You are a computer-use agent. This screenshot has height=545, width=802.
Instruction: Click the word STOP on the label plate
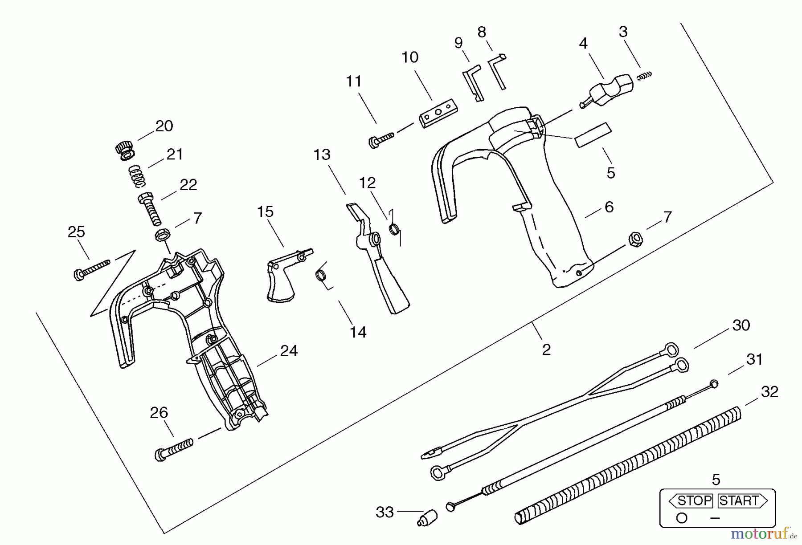pyautogui.click(x=694, y=501)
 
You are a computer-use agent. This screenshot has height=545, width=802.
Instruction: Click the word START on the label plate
pyautogui.click(x=739, y=501)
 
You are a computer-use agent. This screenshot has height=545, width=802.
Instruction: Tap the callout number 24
pyautogui.click(x=289, y=351)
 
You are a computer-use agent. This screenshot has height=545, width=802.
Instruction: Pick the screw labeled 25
pyautogui.click(x=91, y=269)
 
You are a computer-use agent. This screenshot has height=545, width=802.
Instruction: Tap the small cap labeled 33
pyautogui.click(x=427, y=518)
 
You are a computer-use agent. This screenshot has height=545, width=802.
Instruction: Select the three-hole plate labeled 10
pyautogui.click(x=439, y=113)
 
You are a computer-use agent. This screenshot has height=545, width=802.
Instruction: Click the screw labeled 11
pyautogui.click(x=381, y=138)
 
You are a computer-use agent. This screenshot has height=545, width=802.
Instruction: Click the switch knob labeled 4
pyautogui.click(x=609, y=91)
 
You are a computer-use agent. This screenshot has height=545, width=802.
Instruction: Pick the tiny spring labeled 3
pyautogui.click(x=644, y=76)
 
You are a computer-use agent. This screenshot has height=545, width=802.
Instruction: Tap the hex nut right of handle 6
pyautogui.click(x=635, y=239)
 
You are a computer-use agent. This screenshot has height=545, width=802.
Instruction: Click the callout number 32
pyautogui.click(x=769, y=392)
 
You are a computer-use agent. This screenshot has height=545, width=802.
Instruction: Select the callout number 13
pyautogui.click(x=322, y=155)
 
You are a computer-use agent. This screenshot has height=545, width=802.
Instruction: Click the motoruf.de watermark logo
pyautogui.click(x=764, y=533)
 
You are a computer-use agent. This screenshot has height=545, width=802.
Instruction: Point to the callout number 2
pyautogui.click(x=546, y=350)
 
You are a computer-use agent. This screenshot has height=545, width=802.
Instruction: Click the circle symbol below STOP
pyautogui.click(x=681, y=518)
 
